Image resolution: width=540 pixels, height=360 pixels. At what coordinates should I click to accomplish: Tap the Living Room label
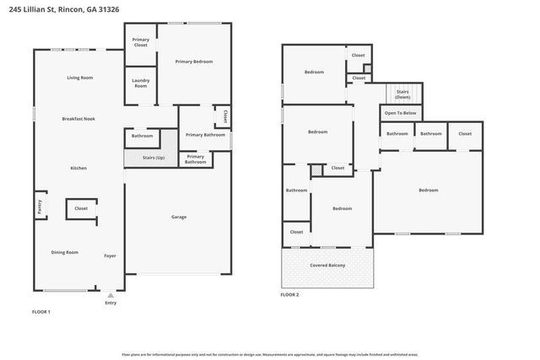(x=79, y=78)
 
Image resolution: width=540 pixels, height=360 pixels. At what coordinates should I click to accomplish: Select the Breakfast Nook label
(x=78, y=119)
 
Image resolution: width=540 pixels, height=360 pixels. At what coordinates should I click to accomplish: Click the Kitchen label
(x=78, y=169)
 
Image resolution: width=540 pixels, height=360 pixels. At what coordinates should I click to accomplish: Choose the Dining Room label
(x=66, y=252)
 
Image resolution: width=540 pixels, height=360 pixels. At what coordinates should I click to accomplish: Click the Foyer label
(x=110, y=255)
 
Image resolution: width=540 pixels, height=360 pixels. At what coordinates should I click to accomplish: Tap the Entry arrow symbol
(x=111, y=296)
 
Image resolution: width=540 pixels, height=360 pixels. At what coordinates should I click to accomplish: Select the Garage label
(x=179, y=217)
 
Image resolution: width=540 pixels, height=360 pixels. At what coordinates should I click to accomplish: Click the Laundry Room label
(x=140, y=83)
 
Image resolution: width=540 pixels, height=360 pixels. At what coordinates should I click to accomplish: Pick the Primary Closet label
(x=140, y=41)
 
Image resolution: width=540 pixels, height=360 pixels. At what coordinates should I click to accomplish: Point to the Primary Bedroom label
(x=193, y=62)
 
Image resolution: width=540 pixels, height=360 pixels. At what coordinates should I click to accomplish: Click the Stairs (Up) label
(x=154, y=158)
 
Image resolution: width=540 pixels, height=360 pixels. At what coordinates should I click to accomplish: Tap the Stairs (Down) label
(x=402, y=94)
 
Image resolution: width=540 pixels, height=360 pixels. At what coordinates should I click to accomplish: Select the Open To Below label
(x=402, y=113)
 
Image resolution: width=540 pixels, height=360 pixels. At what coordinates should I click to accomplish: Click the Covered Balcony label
(x=327, y=265)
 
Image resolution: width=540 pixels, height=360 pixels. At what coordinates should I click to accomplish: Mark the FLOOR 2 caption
(x=289, y=294)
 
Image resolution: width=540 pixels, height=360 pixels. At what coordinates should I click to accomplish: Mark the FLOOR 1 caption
(x=40, y=312)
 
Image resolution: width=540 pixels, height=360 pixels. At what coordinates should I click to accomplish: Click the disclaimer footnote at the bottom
(x=269, y=355)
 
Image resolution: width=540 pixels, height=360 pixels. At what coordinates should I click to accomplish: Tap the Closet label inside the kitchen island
(x=81, y=208)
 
